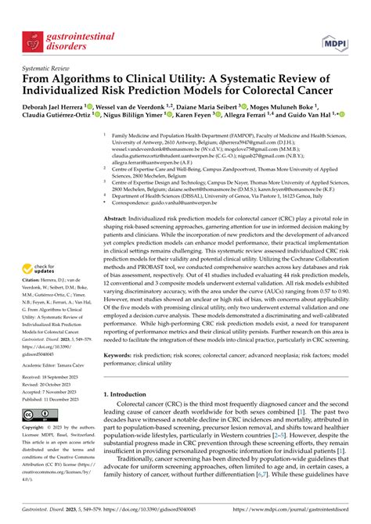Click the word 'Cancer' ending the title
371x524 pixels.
321,91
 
